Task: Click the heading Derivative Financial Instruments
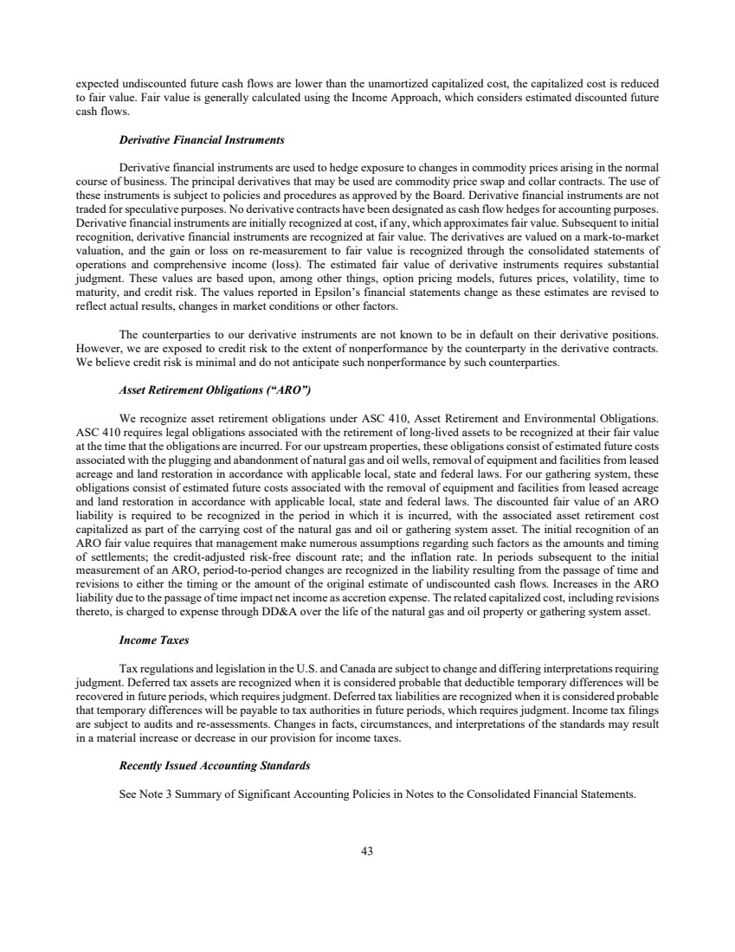click(x=202, y=139)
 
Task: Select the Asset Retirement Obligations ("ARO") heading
click(x=214, y=391)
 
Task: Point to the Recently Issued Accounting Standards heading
click(x=214, y=767)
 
